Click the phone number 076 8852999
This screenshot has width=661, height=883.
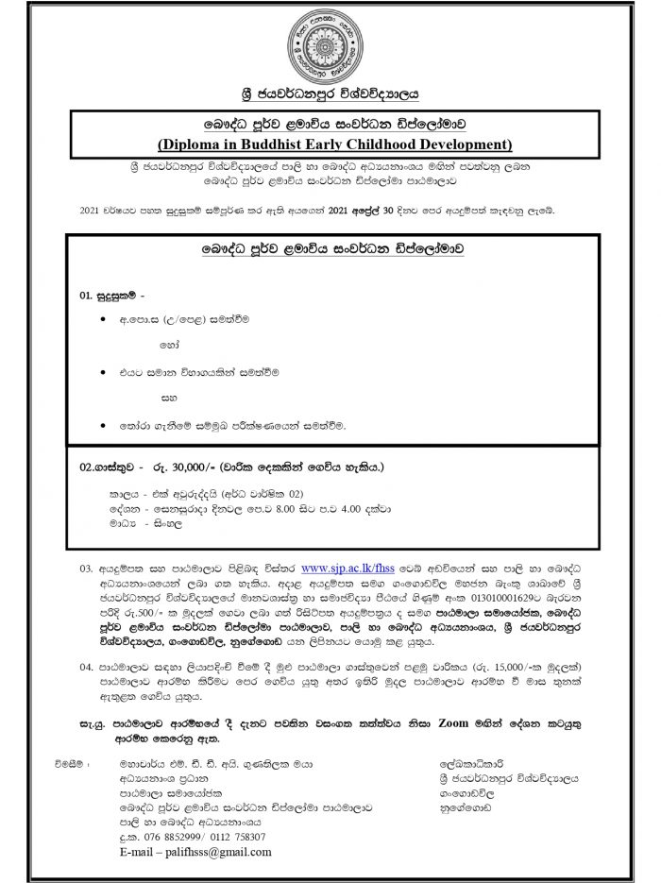[165, 836]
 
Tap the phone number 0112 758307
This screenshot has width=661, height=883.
[232, 836]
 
